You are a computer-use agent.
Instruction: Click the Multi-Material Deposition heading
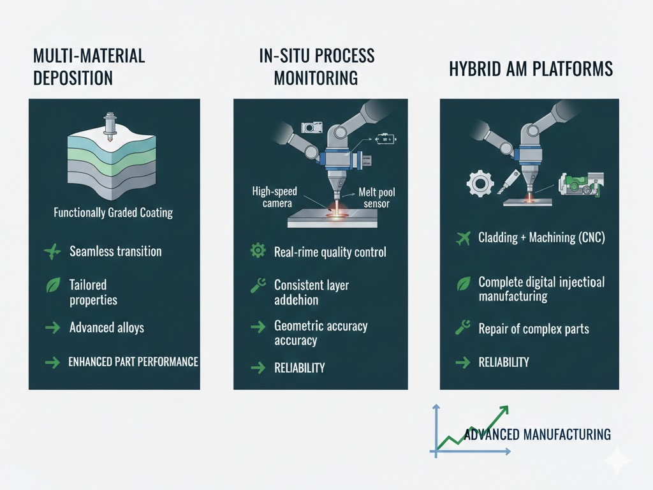pyautogui.click(x=89, y=67)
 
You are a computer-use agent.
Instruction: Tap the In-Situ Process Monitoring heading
pyautogui.click(x=316, y=67)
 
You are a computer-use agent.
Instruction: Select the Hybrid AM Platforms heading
pyautogui.click(x=531, y=69)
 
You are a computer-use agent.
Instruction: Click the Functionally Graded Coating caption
pyautogui.click(x=114, y=212)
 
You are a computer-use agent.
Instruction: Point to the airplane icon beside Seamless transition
pyautogui.click(x=52, y=251)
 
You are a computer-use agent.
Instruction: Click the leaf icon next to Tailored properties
pyautogui.click(x=53, y=285)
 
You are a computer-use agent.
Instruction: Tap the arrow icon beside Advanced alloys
pyautogui.click(x=52, y=327)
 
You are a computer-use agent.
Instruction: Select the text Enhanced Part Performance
pyautogui.click(x=133, y=362)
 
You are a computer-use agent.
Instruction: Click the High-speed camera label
pyautogui.click(x=275, y=197)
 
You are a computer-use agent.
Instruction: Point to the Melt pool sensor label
pyautogui.click(x=376, y=198)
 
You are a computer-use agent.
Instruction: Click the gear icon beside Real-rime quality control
pyautogui.click(x=258, y=250)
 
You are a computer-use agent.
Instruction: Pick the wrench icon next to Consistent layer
pyautogui.click(x=258, y=285)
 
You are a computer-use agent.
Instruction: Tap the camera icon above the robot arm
pyautogui.click(x=311, y=127)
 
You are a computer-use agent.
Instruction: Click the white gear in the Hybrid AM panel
pyautogui.click(x=481, y=183)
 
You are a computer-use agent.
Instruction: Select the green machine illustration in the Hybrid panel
pyautogui.click(x=581, y=184)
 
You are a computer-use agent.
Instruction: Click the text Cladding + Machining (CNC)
pyautogui.click(x=541, y=237)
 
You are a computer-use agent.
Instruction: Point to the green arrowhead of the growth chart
pyautogui.click(x=503, y=410)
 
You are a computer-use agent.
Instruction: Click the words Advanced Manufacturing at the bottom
pyautogui.click(x=537, y=434)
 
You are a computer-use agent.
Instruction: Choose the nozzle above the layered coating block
pyautogui.click(x=110, y=127)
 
